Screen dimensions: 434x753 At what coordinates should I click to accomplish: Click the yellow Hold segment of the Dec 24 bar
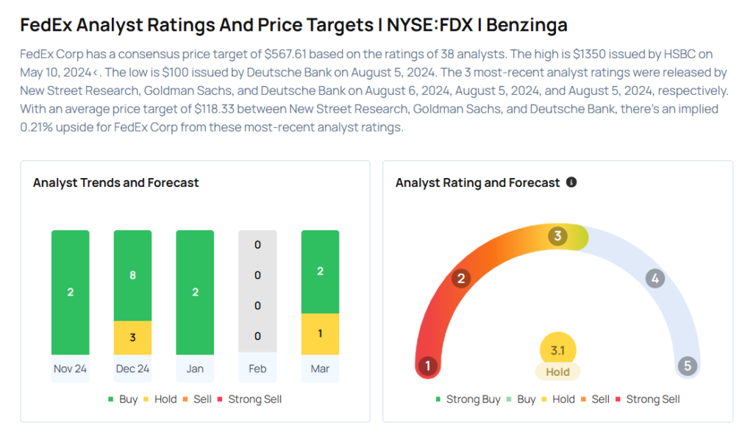(x=132, y=338)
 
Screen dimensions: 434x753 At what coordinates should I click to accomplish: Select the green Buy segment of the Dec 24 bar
(x=132, y=275)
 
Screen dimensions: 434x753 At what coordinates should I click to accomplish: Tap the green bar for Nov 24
(x=70, y=292)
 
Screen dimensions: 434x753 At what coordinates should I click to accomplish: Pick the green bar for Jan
(x=195, y=292)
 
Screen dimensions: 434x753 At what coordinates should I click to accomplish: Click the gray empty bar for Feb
(x=257, y=291)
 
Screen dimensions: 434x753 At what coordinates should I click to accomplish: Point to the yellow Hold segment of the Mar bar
(x=320, y=334)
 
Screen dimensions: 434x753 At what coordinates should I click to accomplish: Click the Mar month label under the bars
(x=320, y=369)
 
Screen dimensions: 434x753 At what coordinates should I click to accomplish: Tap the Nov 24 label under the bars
(x=70, y=369)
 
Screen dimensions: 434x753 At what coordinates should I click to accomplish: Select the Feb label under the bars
(x=257, y=369)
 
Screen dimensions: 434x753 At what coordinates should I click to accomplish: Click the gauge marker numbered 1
(x=427, y=366)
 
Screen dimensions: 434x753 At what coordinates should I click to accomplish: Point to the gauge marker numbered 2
(x=461, y=279)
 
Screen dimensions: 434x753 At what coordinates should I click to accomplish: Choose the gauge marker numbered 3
(x=558, y=236)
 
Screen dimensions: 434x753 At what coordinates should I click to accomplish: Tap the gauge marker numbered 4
(x=654, y=279)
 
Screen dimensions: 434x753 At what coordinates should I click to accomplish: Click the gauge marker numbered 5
(x=688, y=366)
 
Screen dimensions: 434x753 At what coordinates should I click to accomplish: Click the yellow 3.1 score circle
(x=557, y=351)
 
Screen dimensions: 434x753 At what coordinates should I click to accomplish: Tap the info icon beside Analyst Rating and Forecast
(x=571, y=182)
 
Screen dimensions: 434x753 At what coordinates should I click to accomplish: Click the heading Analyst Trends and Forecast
(x=115, y=182)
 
